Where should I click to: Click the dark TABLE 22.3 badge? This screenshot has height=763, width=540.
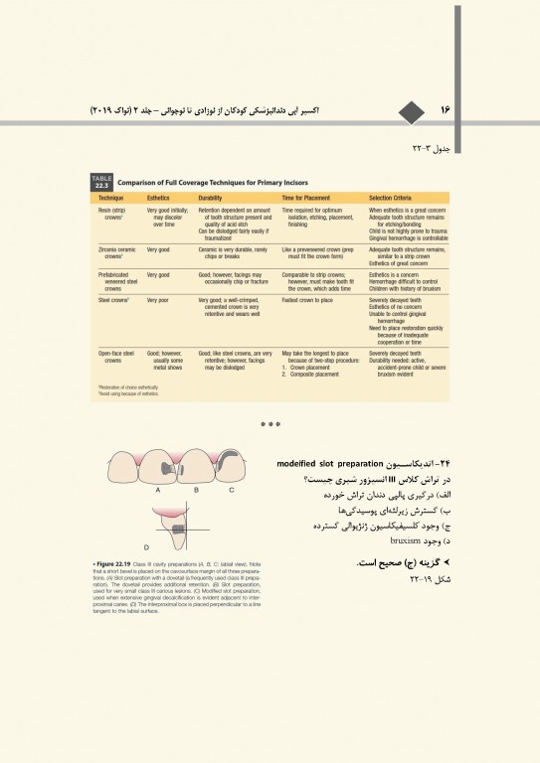[x=101, y=182]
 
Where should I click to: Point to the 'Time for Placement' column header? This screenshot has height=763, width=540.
[x=308, y=199]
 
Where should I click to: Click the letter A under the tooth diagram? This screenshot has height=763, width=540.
[x=159, y=490]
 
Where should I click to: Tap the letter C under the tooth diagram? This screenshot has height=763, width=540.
[x=232, y=490]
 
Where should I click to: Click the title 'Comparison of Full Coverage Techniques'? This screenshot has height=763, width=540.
[x=214, y=183]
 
